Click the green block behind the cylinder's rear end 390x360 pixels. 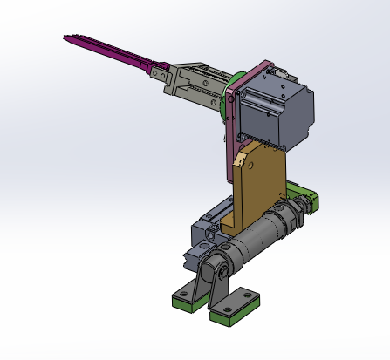click(x=305, y=195)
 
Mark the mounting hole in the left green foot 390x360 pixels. click(x=185, y=294)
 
